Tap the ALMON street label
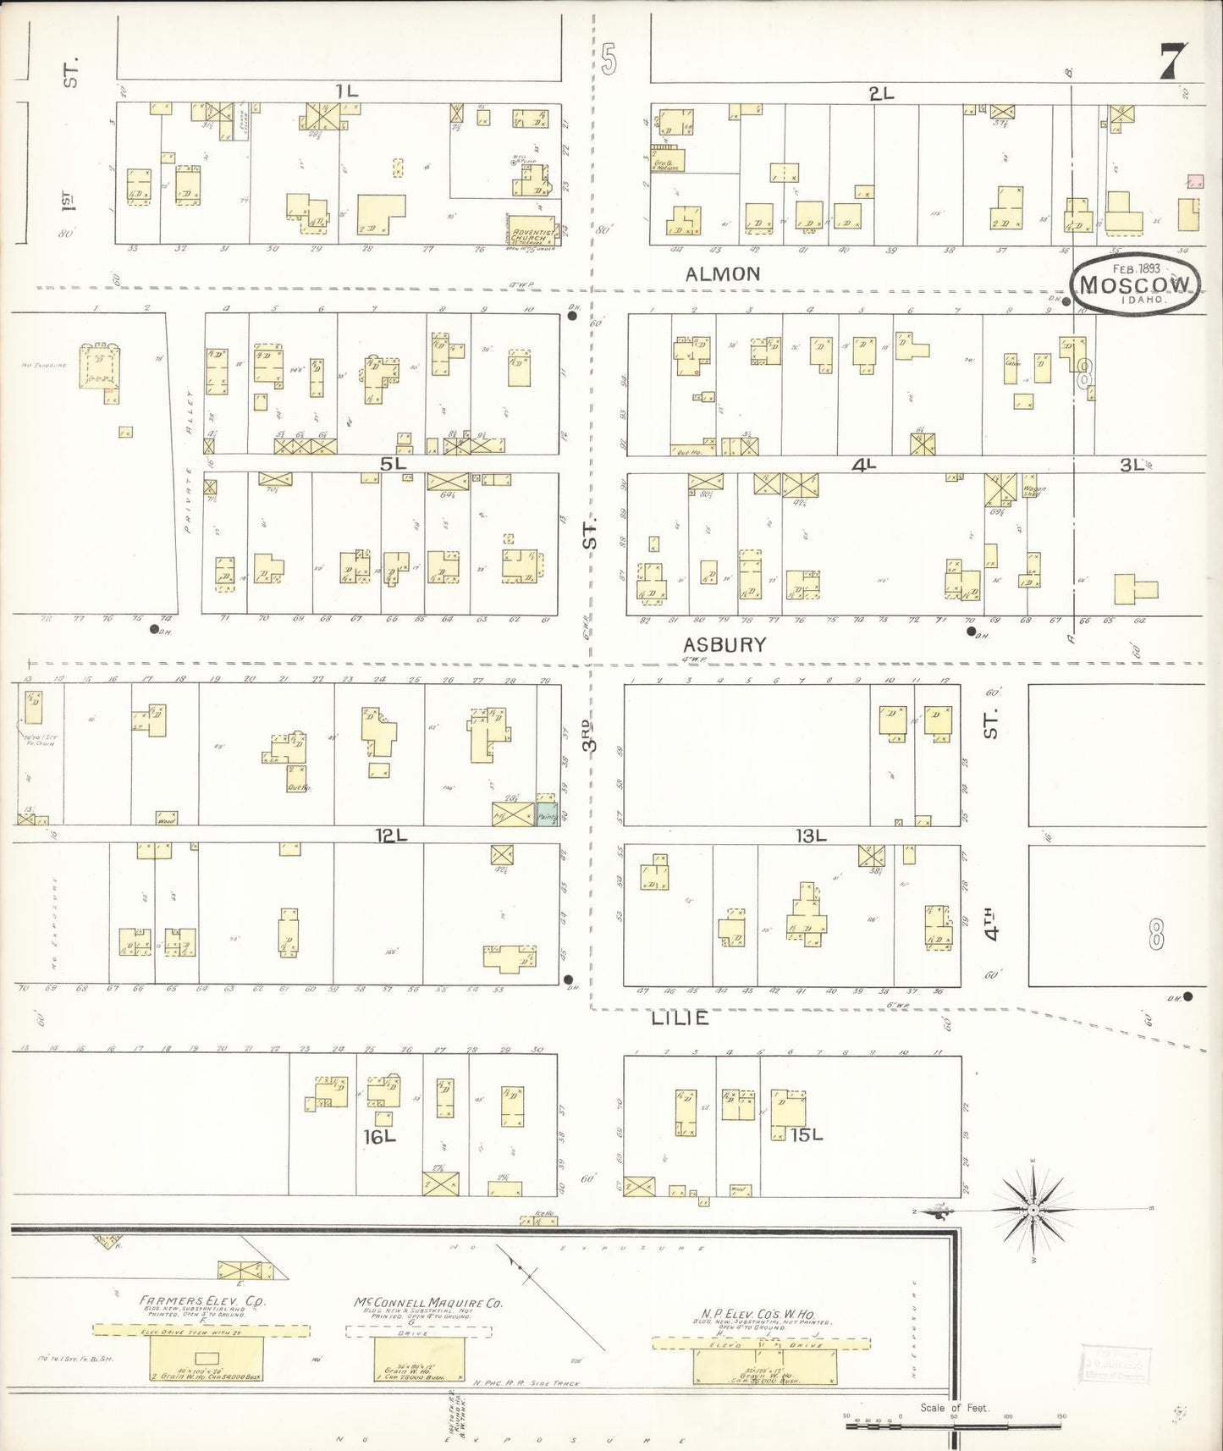(723, 273)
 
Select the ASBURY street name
(725, 644)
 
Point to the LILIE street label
(680, 1018)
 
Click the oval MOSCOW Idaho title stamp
(1134, 285)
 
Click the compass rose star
(1033, 1211)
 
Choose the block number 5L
(393, 463)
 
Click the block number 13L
(810, 836)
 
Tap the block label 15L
(806, 1134)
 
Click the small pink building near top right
(1195, 181)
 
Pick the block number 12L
(392, 836)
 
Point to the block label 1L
(346, 91)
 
